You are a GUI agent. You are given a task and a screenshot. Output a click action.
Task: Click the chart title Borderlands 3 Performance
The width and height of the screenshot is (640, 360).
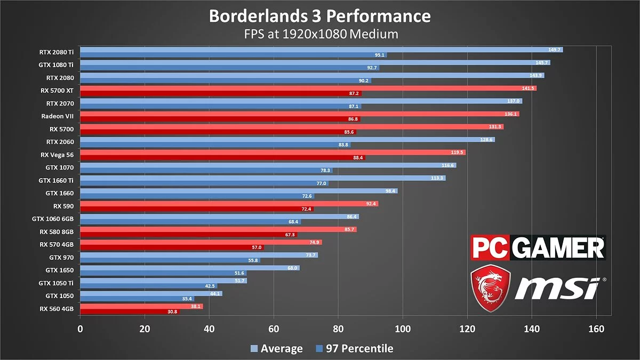click(x=319, y=15)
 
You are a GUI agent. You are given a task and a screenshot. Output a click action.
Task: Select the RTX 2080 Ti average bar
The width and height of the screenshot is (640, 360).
click(x=320, y=50)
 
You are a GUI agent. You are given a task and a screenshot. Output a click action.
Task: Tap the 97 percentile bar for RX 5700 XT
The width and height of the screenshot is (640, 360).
click(x=219, y=93)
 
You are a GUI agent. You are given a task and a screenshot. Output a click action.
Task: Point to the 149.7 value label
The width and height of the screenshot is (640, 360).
click(x=555, y=50)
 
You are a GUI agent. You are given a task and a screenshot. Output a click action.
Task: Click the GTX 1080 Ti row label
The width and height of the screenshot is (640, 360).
click(x=56, y=65)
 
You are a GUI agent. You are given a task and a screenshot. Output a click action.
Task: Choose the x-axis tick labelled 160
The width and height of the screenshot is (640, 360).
click(x=596, y=329)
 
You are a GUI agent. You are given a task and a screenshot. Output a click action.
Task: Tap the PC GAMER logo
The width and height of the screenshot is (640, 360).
click(x=538, y=249)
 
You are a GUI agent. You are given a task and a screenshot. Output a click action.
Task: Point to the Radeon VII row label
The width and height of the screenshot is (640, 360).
click(x=57, y=116)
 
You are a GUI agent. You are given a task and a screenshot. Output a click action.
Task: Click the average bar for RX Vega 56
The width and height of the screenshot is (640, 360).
click(x=272, y=152)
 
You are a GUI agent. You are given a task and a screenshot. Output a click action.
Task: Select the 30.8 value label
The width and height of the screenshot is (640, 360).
click(x=172, y=311)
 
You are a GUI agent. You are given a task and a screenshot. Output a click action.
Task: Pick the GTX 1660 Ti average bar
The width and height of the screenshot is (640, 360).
click(x=261, y=178)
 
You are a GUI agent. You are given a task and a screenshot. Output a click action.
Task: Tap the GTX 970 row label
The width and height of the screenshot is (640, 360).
click(x=61, y=257)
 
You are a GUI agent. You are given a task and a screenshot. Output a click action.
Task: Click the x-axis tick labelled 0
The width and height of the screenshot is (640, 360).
click(x=80, y=329)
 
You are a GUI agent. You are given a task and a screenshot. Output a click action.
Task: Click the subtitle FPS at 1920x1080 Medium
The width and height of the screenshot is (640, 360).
click(x=319, y=34)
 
